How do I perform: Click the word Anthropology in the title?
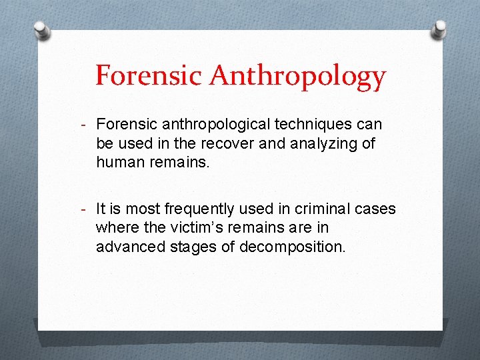297,77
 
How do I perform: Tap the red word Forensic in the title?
149,75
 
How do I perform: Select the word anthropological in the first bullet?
211,124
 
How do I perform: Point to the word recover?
223,143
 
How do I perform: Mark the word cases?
375,209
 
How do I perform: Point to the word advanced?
130,247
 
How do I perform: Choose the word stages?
196,247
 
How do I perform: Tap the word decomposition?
293,247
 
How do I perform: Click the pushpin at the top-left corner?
42,30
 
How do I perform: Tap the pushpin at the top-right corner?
439,29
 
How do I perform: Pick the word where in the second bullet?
116,228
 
